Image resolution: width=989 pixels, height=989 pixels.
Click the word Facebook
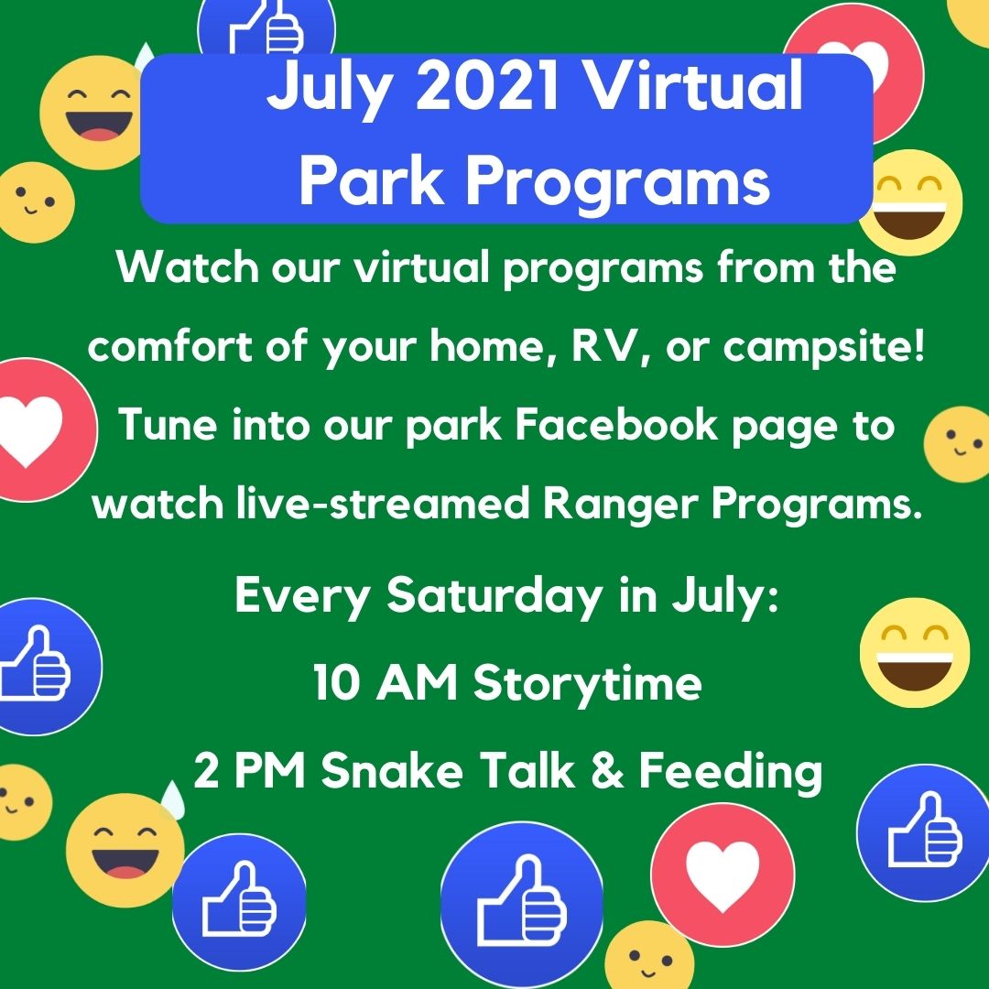pyautogui.click(x=616, y=425)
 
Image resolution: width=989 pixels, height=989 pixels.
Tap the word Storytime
pyautogui.click(x=587, y=684)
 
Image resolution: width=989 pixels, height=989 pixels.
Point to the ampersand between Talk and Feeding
pyautogui.click(x=607, y=770)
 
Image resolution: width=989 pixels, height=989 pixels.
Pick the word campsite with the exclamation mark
pyautogui.click(x=824, y=347)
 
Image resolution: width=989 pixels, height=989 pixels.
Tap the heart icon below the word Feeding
pyautogui.click(x=723, y=875)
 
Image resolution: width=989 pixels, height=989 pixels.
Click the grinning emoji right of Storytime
pyautogui.click(x=915, y=653)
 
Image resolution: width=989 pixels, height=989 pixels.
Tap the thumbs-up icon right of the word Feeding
pyautogui.click(x=923, y=832)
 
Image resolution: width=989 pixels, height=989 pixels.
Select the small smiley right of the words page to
pyautogui.click(x=958, y=444)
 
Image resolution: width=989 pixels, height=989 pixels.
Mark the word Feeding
pyautogui.click(x=731, y=771)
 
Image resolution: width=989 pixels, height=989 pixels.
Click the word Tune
pyautogui.click(x=168, y=424)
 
